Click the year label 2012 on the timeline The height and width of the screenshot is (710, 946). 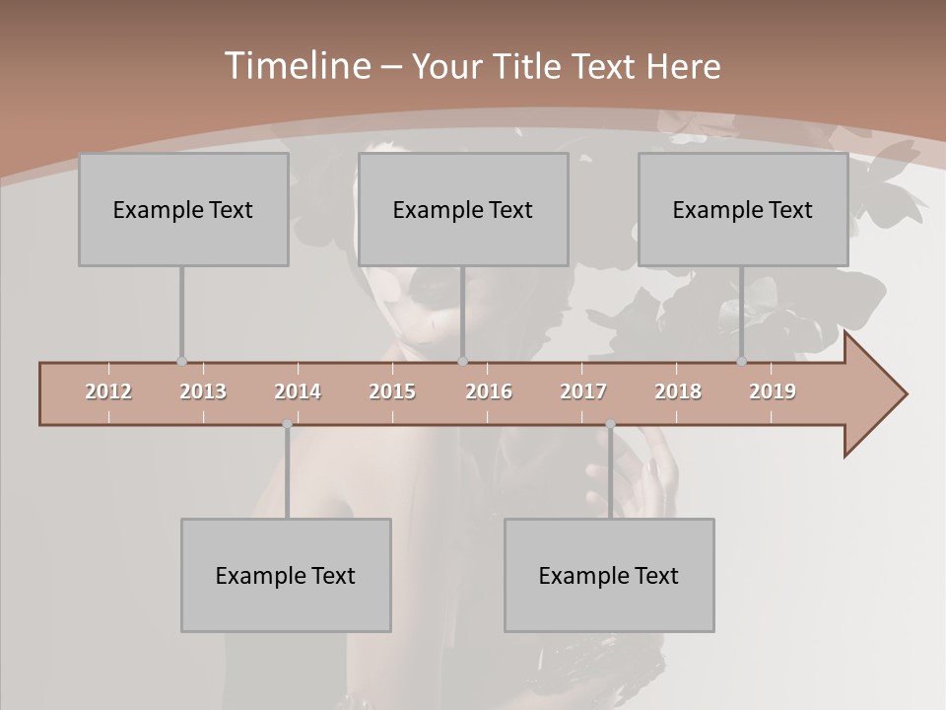pos(108,391)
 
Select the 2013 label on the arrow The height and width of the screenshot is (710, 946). pos(203,391)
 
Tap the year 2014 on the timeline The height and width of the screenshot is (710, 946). pos(298,391)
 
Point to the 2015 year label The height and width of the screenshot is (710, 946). pos(392,391)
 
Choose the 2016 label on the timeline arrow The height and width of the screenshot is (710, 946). pos(489,391)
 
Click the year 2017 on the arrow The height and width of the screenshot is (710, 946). pos(583,391)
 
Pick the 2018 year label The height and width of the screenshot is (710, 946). pos(678,391)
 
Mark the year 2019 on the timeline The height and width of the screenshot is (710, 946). pos(773,391)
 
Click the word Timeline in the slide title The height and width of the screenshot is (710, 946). pos(296,66)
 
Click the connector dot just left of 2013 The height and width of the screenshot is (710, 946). pos(181,362)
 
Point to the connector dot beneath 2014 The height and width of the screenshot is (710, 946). pos(287,424)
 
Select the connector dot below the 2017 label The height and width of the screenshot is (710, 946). pos(610,424)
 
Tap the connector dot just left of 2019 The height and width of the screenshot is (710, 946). pos(741,362)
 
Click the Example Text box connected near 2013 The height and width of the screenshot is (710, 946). pos(183,209)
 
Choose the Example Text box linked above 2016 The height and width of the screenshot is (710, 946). pos(463,209)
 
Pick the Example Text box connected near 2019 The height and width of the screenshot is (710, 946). pos(743,209)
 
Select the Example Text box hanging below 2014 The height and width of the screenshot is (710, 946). pos(286,575)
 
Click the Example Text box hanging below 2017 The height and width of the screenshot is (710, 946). pos(609,575)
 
